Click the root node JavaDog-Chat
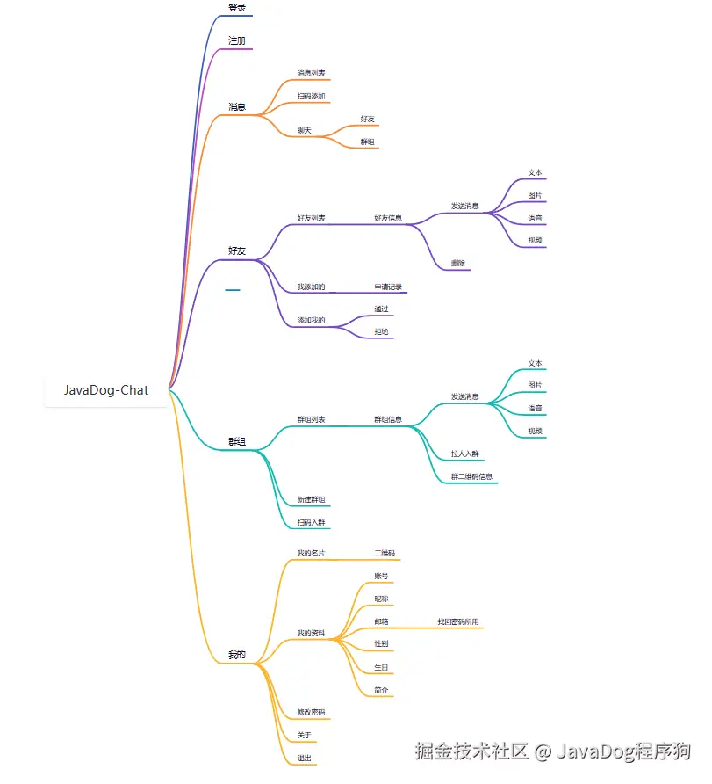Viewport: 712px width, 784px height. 106,390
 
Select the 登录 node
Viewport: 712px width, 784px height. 237,8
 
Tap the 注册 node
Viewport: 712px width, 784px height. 237,41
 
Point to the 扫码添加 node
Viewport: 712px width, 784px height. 312,96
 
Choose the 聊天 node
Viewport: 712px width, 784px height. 305,130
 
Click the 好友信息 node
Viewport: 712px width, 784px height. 388,218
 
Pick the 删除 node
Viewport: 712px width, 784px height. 458,263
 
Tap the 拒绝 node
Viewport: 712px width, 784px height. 381,331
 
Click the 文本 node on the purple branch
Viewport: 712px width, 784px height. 535,172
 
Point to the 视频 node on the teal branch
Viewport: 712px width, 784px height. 535,431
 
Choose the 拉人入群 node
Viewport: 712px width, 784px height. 464,454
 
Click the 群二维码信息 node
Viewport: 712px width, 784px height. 471,476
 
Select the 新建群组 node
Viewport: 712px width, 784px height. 312,499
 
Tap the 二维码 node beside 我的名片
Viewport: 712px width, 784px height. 385,553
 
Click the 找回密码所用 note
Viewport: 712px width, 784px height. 458,621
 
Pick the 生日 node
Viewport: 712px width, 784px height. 381,667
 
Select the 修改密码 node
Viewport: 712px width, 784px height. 312,712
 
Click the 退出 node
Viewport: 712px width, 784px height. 305,758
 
